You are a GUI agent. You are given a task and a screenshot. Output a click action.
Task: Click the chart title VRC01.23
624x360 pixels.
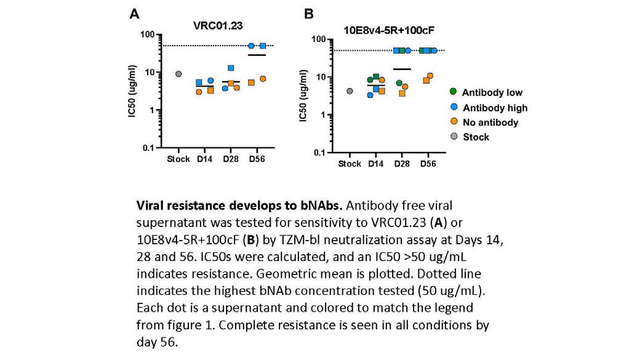point(218,26)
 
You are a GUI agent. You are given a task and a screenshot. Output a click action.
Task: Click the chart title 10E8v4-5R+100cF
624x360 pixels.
point(389,30)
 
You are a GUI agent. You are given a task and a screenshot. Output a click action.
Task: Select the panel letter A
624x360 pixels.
point(135,14)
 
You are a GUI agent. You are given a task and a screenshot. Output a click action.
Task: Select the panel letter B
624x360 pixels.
point(309,14)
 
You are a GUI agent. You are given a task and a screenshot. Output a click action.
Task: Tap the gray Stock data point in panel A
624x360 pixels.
point(178,74)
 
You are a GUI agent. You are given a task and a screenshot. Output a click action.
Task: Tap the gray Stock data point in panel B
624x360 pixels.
point(350,91)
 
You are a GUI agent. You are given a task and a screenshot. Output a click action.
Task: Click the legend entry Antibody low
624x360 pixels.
point(492,92)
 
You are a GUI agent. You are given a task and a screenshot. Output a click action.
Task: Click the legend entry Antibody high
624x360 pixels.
point(495,108)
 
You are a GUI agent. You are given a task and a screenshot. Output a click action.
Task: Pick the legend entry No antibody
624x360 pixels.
point(490,122)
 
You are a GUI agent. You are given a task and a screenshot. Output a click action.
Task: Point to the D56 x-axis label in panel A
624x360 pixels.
point(257,159)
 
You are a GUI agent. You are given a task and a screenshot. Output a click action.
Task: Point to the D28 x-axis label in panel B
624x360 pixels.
point(402,164)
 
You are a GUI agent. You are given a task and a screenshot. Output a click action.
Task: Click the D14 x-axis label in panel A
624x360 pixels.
point(204,159)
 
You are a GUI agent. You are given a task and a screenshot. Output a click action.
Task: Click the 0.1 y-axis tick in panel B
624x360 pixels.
point(320,153)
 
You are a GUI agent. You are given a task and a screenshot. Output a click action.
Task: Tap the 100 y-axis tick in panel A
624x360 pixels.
point(148,34)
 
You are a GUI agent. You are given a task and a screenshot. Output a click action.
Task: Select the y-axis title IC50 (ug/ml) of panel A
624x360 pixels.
point(132,91)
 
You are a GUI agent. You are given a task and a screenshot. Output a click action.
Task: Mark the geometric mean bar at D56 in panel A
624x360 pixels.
point(257,55)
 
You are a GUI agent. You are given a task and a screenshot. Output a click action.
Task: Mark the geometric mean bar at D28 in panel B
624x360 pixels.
point(402,69)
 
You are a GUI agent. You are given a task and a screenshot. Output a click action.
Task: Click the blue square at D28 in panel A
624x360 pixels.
point(231,68)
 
